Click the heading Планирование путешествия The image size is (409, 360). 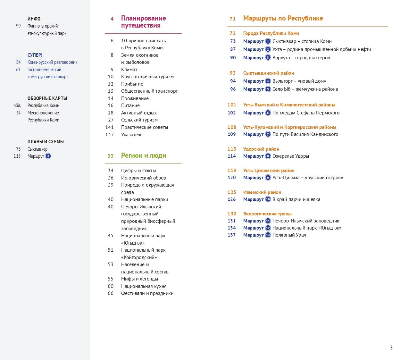coord(143,22)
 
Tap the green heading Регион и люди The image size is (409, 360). coord(144,155)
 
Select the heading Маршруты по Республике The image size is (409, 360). coord(283,18)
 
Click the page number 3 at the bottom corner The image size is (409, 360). coord(391,347)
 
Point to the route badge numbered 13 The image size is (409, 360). coord(268,235)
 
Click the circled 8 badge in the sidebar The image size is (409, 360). coord(48,156)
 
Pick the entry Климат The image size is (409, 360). coord(129,69)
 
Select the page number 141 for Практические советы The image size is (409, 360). coord(110,127)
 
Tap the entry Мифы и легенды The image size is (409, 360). coord(139,279)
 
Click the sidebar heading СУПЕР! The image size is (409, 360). coord(35,55)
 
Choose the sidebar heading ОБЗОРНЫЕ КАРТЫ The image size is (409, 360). coord(47,98)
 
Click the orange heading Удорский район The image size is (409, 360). coord(261,149)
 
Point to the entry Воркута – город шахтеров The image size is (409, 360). coord(301,58)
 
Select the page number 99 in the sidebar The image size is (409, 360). coord(18,26)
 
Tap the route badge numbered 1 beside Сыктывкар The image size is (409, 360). coord(268,41)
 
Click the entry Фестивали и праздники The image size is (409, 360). coord(147,293)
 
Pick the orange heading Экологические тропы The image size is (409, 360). coord(267,214)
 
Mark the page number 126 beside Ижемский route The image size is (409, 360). coord(232,199)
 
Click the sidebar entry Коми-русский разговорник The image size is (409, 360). coord(52,62)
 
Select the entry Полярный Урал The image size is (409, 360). coord(289,235)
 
